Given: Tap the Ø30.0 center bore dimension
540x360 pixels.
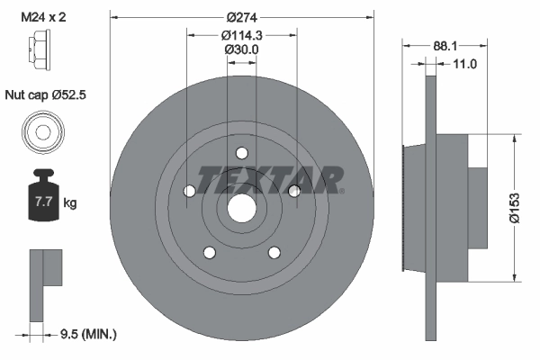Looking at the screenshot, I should click(241, 50).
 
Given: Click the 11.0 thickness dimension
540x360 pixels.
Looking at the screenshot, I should click(464, 64).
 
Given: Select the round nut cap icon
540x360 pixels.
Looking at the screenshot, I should click(40, 132).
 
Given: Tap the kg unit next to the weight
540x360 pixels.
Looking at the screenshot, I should click(70, 203).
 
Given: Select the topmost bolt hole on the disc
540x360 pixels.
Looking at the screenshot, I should click(241, 153).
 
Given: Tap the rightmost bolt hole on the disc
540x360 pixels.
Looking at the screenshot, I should click(293, 191).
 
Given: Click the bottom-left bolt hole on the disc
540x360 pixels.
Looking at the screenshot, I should click(208, 252).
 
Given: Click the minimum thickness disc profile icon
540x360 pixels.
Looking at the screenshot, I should click(44, 283).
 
